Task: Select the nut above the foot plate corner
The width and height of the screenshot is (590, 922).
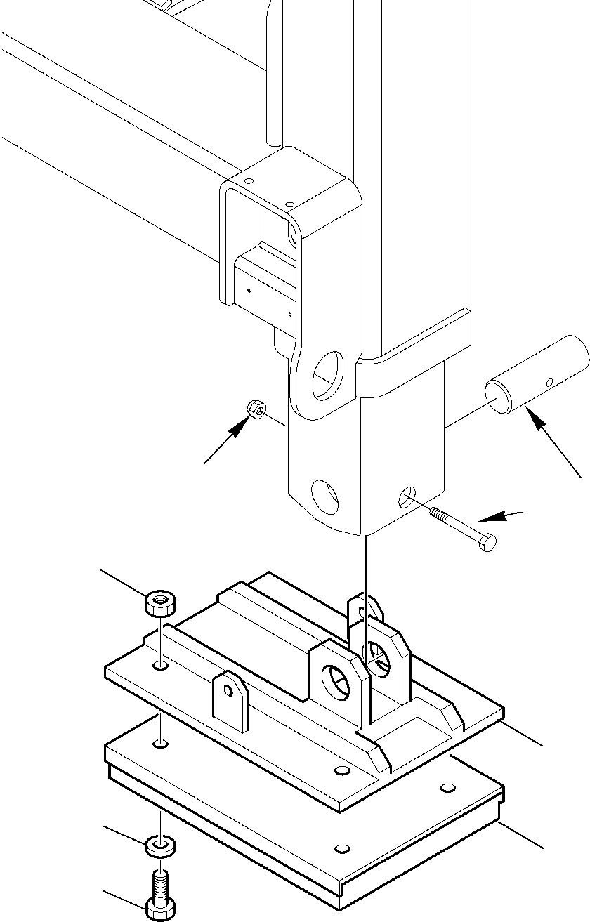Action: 161,602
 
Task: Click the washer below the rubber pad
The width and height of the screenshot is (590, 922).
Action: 161,846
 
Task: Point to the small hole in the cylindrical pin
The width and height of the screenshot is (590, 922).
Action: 550,382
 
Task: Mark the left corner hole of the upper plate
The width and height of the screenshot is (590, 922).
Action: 161,664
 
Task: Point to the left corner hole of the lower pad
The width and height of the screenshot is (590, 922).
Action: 161,742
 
